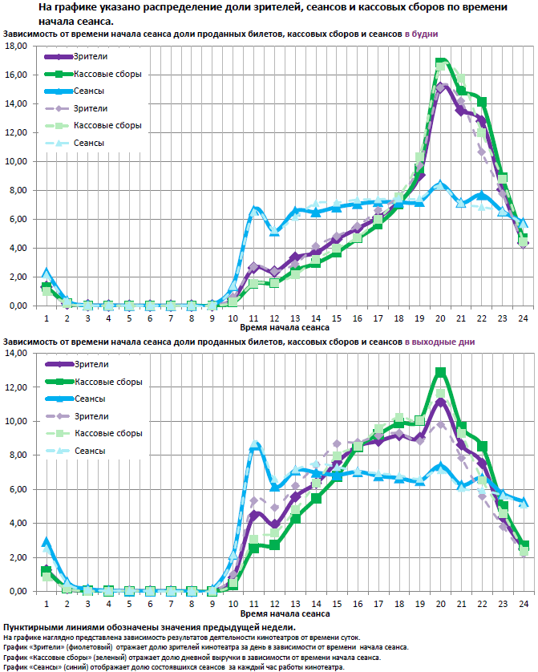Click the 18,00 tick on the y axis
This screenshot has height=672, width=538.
16,46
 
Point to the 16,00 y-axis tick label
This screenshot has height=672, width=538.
16,75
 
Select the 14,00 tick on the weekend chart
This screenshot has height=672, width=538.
16,353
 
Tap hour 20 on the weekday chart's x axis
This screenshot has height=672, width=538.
441,318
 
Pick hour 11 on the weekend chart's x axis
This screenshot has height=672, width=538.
254,603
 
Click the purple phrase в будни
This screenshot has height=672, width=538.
422,34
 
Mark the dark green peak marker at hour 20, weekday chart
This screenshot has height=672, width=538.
440,62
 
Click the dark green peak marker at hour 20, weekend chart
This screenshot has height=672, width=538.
441,371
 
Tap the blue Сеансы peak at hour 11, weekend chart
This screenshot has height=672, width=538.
255,444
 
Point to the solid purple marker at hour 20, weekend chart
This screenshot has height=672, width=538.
441,402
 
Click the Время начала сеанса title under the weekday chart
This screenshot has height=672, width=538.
284,328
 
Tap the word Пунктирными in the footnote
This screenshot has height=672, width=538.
31,626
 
